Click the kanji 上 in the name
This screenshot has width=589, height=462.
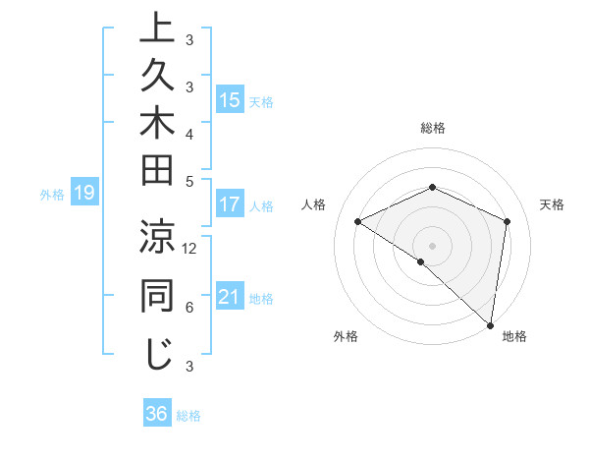pos(156,29)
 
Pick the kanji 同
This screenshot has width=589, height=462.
pos(156,296)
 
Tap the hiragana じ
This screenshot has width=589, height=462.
pos(156,354)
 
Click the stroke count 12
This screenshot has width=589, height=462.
pos(189,249)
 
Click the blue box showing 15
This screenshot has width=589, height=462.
pos(230,100)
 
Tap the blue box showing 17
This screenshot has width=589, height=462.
pos(230,205)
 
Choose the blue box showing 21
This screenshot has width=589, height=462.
pos(230,298)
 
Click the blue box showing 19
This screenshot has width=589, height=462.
pos(83,194)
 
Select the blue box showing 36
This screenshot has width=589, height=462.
pos(156,414)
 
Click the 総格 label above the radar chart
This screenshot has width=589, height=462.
pos(432,128)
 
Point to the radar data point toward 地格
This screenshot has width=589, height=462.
pos(491,324)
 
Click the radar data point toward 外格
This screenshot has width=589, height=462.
pos(420,261)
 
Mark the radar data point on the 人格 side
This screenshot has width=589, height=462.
pos(358,221)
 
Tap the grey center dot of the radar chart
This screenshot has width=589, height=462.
pos(432,245)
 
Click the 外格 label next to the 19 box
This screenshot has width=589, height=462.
pos(52,195)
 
